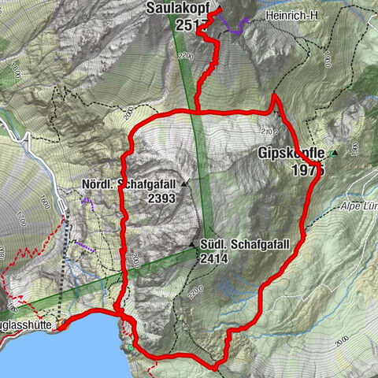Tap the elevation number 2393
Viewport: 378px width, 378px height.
click(x=161, y=199)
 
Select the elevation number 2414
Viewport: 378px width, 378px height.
click(x=214, y=258)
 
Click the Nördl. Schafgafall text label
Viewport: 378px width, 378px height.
click(x=129, y=185)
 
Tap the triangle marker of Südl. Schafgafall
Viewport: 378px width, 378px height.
click(x=193, y=244)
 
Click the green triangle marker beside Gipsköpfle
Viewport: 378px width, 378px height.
click(x=334, y=154)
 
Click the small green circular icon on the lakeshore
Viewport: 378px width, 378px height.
click(x=129, y=346)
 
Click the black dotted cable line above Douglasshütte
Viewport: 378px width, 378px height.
click(x=67, y=260)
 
